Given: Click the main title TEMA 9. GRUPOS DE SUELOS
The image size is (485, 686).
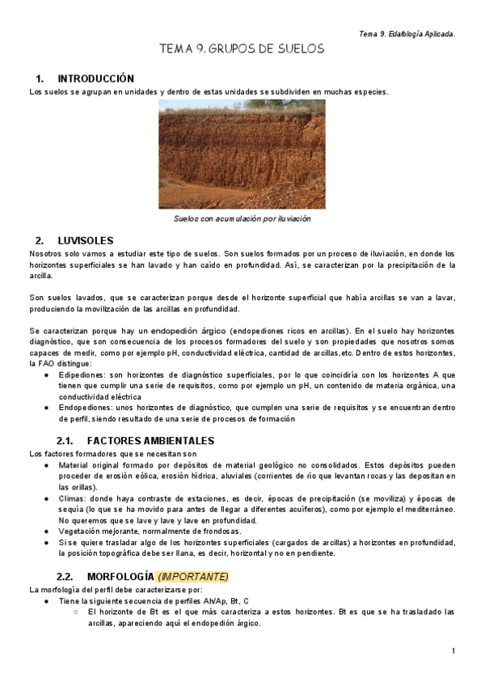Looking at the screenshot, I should (242, 49).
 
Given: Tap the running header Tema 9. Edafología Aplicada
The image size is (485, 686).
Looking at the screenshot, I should (407, 34).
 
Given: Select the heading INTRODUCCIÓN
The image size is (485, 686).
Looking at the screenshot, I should (95, 79).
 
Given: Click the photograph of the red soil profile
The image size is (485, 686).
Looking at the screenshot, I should (242, 154).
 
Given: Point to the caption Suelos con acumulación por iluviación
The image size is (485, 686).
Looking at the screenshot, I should (242, 218).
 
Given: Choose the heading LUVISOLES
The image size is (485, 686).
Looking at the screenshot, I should (86, 241).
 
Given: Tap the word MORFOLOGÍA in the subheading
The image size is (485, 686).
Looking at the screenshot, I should (119, 577).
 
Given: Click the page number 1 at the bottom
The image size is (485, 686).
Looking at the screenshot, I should (453, 651).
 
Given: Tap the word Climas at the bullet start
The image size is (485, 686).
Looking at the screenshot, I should (73, 498).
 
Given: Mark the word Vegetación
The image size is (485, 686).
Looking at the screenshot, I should (82, 531).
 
